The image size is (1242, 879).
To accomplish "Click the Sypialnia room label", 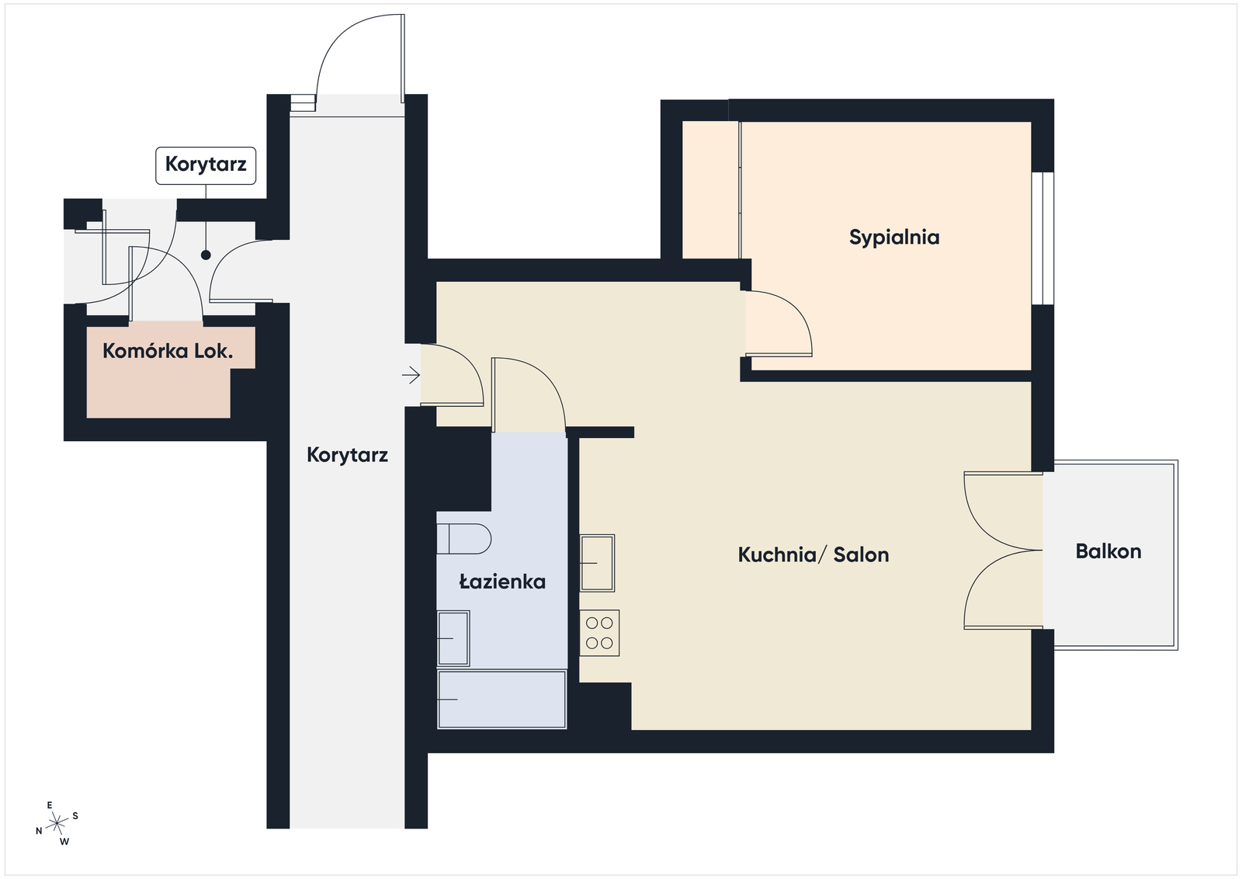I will (x=894, y=237).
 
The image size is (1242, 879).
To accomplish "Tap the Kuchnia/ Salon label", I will (x=814, y=554).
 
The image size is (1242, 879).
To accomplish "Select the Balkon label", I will (x=1108, y=551).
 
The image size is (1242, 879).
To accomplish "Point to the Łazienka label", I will (x=502, y=582).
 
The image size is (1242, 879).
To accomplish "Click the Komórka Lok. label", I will (x=168, y=351).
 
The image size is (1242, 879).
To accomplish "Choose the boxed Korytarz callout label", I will (x=206, y=165).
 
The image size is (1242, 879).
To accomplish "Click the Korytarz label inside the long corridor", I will (x=347, y=455).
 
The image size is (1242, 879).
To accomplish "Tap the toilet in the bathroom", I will (x=463, y=538).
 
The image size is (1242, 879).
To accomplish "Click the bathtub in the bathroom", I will (x=501, y=700).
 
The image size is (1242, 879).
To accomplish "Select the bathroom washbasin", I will (x=453, y=638).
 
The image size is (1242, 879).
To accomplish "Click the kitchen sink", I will (x=597, y=562).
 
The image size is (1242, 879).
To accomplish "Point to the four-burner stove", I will (x=599, y=633).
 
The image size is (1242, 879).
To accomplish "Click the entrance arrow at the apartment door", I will (x=411, y=376).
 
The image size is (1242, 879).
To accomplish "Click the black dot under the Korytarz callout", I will (x=206, y=255).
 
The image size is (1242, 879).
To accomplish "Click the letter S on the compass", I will (x=75, y=816).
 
